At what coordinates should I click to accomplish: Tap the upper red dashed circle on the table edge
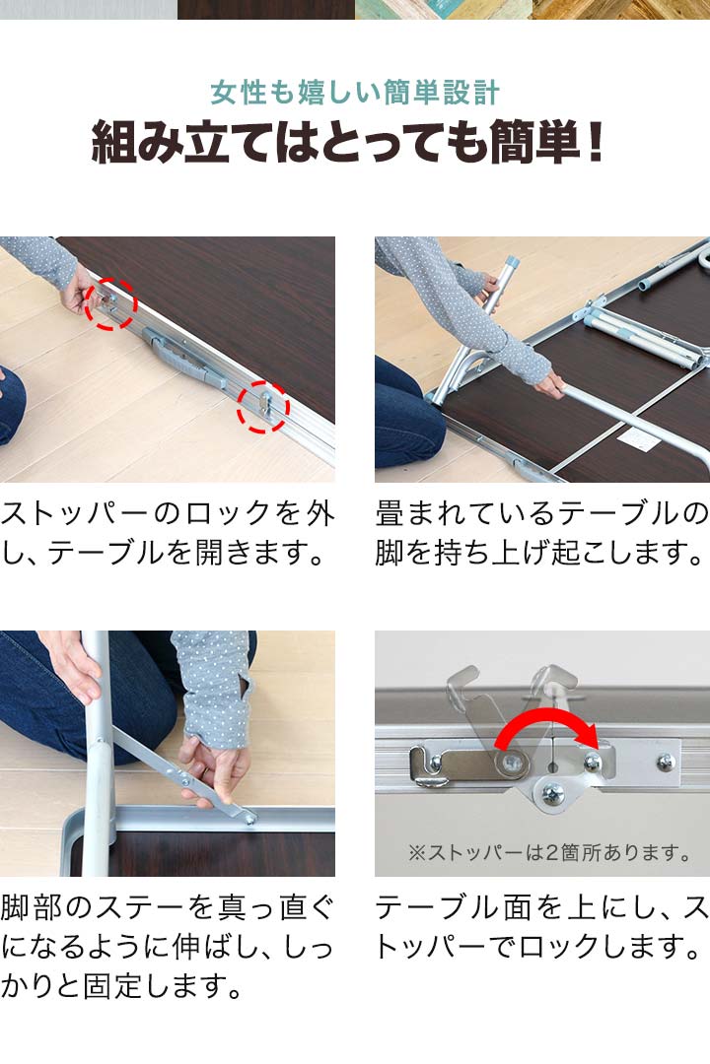pyautogui.click(x=110, y=302)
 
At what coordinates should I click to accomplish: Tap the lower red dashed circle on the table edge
pyautogui.click(x=263, y=407)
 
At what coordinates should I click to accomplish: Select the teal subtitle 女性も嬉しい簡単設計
pyautogui.click(x=355, y=93)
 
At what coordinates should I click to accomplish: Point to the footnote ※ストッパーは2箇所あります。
pyautogui.click(x=549, y=852)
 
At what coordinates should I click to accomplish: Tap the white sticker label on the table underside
pyautogui.click(x=639, y=438)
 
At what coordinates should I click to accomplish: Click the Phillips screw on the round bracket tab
pyautogui.click(x=553, y=793)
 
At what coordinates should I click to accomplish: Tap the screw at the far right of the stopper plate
pyautogui.click(x=666, y=764)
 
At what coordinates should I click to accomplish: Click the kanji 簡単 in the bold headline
pyautogui.click(x=534, y=142)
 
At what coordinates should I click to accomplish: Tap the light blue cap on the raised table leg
pyautogui.click(x=510, y=263)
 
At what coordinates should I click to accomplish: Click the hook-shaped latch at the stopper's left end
pyautogui.click(x=429, y=766)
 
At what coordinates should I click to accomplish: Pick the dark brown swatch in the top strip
pyautogui.click(x=265, y=10)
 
